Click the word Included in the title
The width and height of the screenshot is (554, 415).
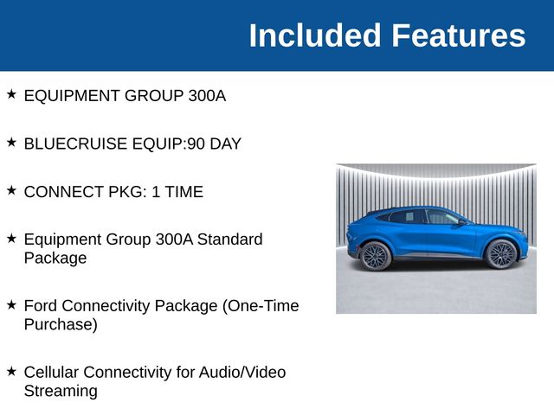(x=315, y=35)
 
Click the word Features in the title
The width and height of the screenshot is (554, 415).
(x=459, y=35)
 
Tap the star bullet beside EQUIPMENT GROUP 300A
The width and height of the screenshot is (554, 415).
(x=11, y=94)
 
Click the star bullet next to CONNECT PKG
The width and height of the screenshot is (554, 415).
(x=11, y=190)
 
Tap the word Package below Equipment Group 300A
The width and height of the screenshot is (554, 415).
(x=55, y=258)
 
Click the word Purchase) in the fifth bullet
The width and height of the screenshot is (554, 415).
(x=61, y=324)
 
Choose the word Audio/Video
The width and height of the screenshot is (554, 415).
(x=242, y=373)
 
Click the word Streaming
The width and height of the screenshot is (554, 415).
(x=61, y=391)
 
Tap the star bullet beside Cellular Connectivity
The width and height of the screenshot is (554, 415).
(x=11, y=371)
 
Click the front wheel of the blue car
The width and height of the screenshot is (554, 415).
(x=501, y=254)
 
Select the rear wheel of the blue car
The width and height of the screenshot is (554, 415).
(x=376, y=256)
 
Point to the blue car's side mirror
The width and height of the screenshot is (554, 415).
(x=462, y=221)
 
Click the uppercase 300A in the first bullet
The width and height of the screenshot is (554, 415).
(x=207, y=96)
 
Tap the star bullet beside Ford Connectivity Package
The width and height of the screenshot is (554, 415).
(x=11, y=304)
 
